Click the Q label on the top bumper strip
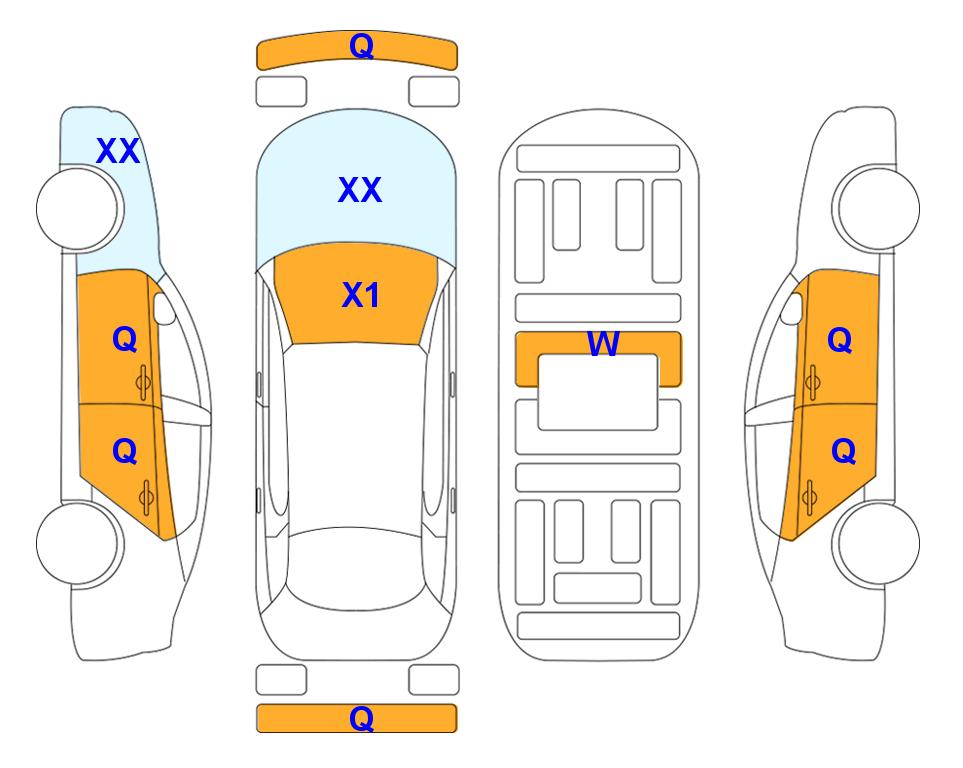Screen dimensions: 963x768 click(x=361, y=46)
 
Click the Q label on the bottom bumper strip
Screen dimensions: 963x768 click(x=361, y=718)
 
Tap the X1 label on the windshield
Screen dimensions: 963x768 click(x=361, y=295)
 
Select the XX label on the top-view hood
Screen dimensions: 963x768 click(x=360, y=190)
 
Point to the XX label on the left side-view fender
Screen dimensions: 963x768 click(x=118, y=151)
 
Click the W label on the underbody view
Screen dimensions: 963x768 click(x=603, y=343)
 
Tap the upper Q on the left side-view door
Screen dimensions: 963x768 click(x=125, y=339)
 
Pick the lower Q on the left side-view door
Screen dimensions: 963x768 click(x=125, y=452)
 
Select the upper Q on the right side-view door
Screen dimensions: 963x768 click(x=840, y=340)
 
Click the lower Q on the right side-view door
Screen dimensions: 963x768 click(x=843, y=452)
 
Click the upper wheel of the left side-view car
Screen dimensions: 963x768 click(x=80, y=209)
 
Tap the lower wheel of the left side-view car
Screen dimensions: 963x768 click(x=80, y=543)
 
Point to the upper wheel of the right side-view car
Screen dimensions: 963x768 click(x=876, y=208)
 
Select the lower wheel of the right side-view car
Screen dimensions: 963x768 click(x=876, y=543)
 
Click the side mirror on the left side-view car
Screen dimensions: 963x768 click(x=164, y=308)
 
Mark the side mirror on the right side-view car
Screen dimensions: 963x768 click(x=792, y=308)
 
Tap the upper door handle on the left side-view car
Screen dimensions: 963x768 click(x=144, y=382)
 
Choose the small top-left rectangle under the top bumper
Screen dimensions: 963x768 click(x=281, y=92)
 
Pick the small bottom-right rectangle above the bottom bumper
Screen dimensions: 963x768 click(x=434, y=680)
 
